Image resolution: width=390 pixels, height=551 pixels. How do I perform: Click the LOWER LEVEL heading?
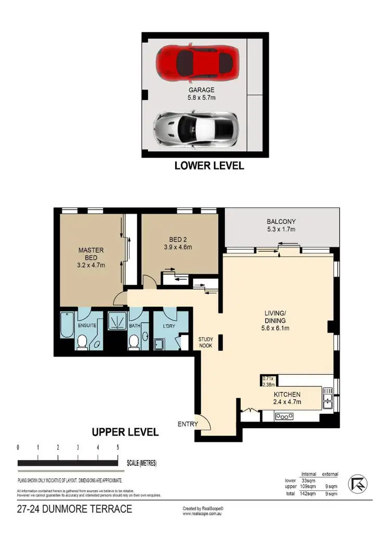[x=209, y=166]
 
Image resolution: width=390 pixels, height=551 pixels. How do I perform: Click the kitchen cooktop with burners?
[x=284, y=416]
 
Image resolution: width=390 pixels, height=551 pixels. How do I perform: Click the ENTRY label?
[x=188, y=424]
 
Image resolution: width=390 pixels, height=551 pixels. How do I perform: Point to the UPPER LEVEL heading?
[x=125, y=432]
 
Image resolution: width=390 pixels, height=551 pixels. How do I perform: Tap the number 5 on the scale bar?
[x=118, y=448]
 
